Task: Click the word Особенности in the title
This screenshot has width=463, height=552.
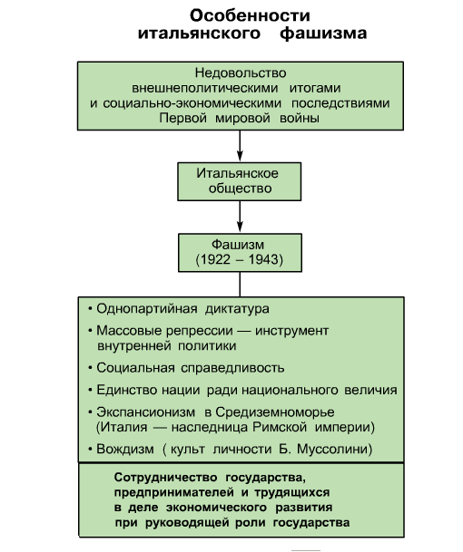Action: (x=250, y=15)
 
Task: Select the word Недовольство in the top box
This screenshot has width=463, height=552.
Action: (x=241, y=73)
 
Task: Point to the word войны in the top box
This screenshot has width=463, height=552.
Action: (x=300, y=118)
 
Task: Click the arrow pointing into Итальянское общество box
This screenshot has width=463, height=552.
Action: (x=240, y=146)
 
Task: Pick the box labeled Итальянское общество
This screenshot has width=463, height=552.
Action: (x=240, y=181)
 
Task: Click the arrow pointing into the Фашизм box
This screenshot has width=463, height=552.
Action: (x=240, y=217)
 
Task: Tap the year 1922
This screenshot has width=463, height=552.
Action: (x=215, y=259)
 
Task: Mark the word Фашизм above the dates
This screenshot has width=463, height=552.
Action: (x=238, y=245)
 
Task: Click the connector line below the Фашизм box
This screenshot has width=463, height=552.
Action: (x=240, y=285)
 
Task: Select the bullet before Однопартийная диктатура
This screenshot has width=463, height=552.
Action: (x=90, y=309)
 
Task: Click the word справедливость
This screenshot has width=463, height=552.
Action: (x=232, y=368)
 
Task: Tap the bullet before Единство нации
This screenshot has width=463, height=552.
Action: (x=90, y=390)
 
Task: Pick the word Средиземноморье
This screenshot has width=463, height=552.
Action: (x=275, y=412)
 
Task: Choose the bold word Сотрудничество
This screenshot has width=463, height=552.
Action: (x=166, y=478)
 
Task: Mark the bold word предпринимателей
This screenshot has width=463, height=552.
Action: (x=174, y=492)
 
